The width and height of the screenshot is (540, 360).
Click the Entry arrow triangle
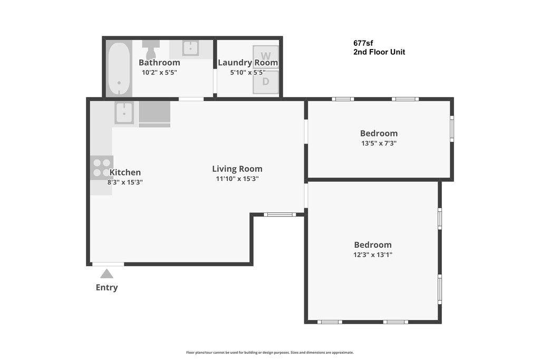tap(107, 274)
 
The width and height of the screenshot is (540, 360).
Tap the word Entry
tap(107, 287)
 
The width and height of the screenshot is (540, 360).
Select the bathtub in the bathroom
tap(119, 69)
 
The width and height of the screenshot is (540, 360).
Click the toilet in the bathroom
tap(151, 50)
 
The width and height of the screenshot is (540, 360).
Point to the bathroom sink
tap(190, 48)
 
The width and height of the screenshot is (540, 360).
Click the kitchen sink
tap(124, 113)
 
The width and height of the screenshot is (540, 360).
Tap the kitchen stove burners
tap(102, 167)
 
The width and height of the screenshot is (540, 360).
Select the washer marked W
tap(266, 56)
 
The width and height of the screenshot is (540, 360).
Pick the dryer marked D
tap(266, 82)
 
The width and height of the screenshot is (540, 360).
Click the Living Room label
tap(237, 169)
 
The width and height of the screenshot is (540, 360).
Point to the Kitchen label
tap(125, 172)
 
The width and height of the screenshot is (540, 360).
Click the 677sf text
tap(363, 43)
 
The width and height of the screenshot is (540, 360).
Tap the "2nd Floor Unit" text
tap(379, 52)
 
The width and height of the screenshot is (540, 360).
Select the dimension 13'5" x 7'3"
tap(379, 143)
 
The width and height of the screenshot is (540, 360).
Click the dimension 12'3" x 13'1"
tap(373, 255)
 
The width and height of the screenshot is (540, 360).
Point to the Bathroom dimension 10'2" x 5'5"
tap(159, 72)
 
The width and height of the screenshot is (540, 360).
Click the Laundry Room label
tap(248, 63)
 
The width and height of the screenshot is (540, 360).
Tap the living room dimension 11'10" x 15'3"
tap(237, 179)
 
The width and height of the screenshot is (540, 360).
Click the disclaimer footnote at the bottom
tap(270, 353)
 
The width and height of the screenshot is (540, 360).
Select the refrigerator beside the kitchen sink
tap(155, 114)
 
